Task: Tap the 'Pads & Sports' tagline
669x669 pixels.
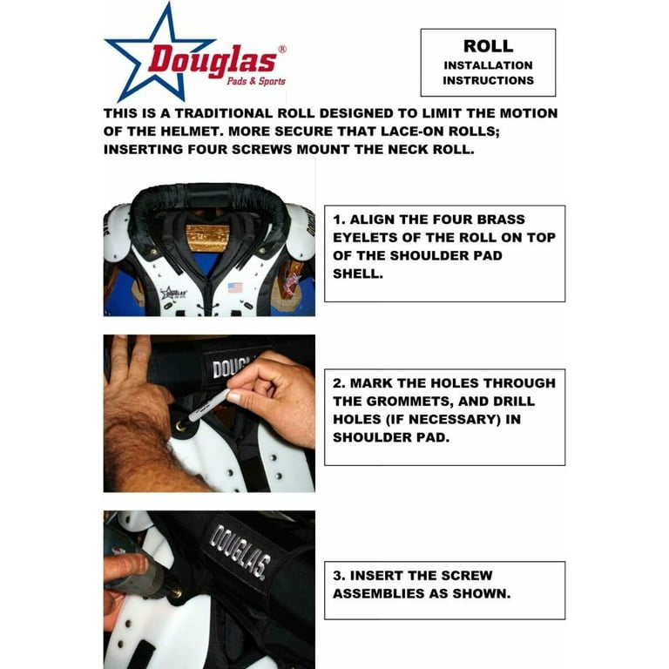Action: (x=256, y=81)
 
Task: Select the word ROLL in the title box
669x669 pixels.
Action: (x=488, y=46)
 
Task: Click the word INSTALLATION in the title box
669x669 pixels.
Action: (x=488, y=65)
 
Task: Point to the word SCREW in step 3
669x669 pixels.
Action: (x=467, y=576)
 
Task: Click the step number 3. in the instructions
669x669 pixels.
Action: (x=339, y=576)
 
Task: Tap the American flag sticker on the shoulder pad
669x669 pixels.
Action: (x=235, y=287)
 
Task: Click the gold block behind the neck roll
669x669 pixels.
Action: (x=208, y=238)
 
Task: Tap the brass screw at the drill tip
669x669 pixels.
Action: (x=175, y=593)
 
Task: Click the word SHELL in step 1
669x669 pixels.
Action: (x=357, y=274)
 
